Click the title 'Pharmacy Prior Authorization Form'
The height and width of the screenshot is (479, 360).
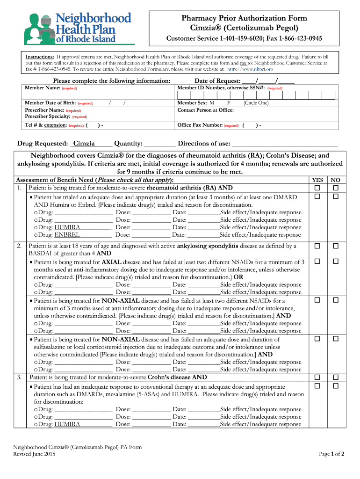point(245,18)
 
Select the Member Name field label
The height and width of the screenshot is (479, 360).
point(43,88)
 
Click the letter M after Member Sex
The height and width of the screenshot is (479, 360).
point(212,102)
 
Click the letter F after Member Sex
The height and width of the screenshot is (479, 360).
point(229,102)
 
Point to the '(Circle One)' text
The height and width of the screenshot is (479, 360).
point(256,102)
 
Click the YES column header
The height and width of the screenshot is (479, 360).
point(317,180)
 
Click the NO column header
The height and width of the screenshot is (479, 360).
point(335,180)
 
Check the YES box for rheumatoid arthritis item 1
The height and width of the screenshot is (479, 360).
point(317,188)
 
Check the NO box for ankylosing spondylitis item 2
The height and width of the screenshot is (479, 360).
point(335,246)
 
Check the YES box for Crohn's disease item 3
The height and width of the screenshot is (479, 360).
point(317,377)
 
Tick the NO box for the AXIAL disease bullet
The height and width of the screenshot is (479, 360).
point(335,262)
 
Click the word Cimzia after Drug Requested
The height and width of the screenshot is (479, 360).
point(84,143)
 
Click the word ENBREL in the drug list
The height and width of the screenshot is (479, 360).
point(67,235)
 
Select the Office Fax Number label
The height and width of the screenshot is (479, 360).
point(200,125)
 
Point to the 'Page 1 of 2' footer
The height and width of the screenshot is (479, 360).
point(331,454)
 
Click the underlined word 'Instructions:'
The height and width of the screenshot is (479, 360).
point(40,56)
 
